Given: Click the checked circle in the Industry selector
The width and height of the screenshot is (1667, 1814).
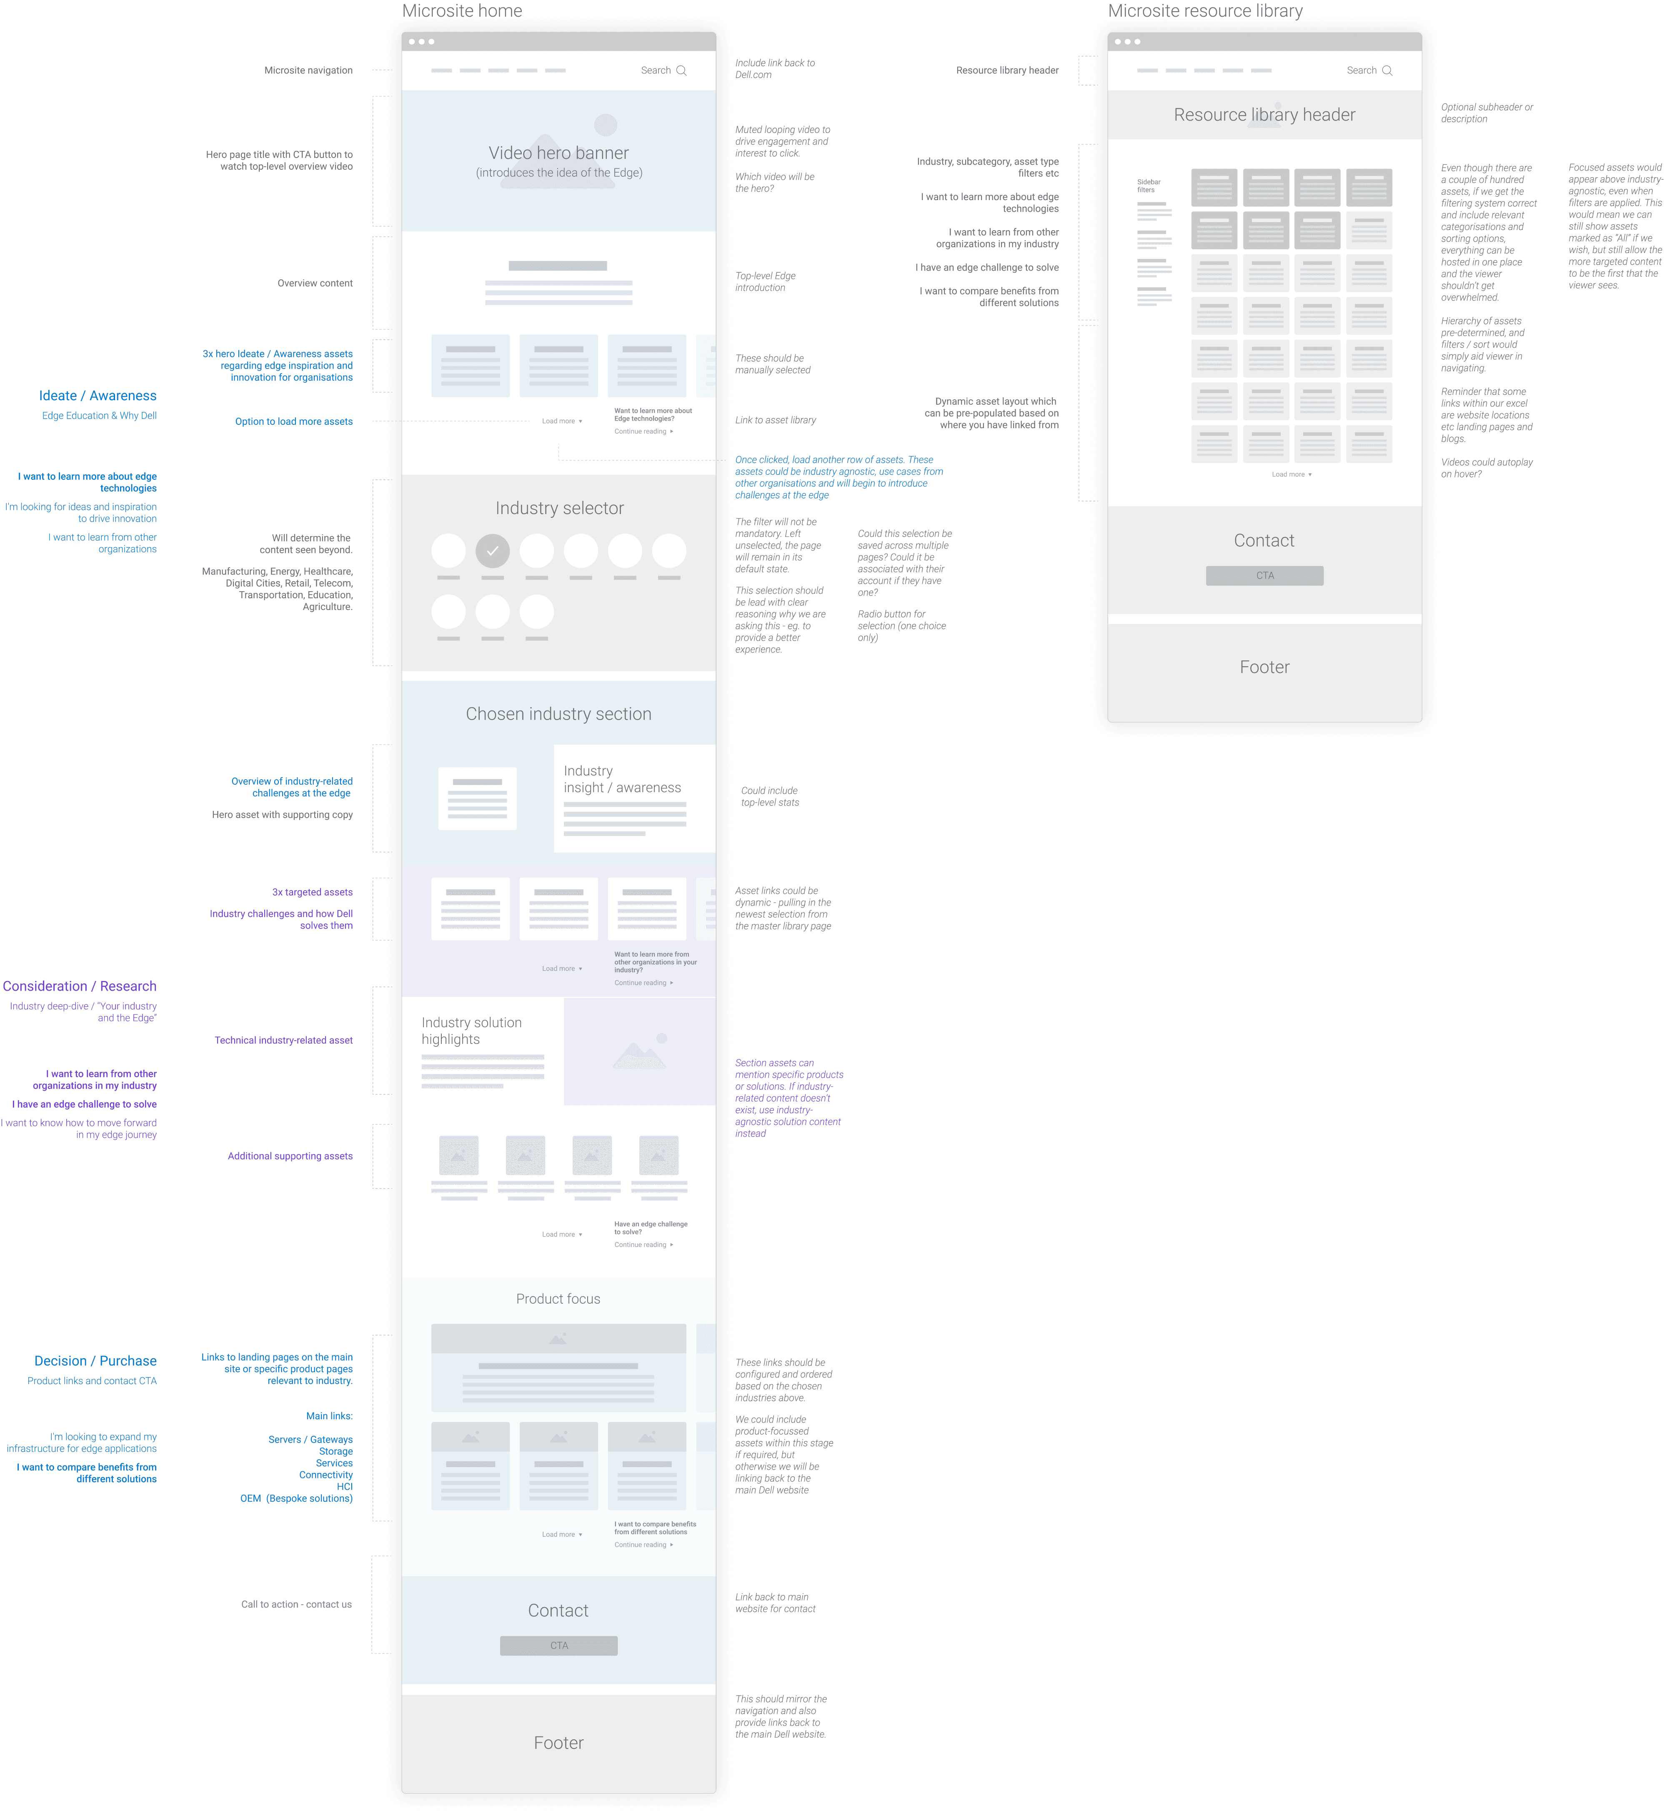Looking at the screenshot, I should tap(493, 550).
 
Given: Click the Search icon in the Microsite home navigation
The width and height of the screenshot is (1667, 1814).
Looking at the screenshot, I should tap(682, 70).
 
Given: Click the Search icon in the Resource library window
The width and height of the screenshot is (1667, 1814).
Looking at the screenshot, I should tap(1387, 70).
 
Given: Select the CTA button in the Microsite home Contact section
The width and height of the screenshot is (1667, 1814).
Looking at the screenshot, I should tap(558, 1645).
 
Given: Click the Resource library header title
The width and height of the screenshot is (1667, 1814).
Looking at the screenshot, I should tap(1264, 115).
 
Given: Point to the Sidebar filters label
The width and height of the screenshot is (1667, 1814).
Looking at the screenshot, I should tap(1148, 186).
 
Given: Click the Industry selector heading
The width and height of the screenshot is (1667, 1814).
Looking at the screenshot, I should tap(559, 508).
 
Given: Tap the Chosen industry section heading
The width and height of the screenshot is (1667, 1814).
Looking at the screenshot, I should tap(558, 714).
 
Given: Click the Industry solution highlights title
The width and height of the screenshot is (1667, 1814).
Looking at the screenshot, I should tap(471, 1031).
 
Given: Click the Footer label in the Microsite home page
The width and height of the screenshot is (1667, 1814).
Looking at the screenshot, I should tap(558, 1743).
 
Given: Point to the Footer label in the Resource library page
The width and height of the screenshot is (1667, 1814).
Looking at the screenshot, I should tap(1264, 667).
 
